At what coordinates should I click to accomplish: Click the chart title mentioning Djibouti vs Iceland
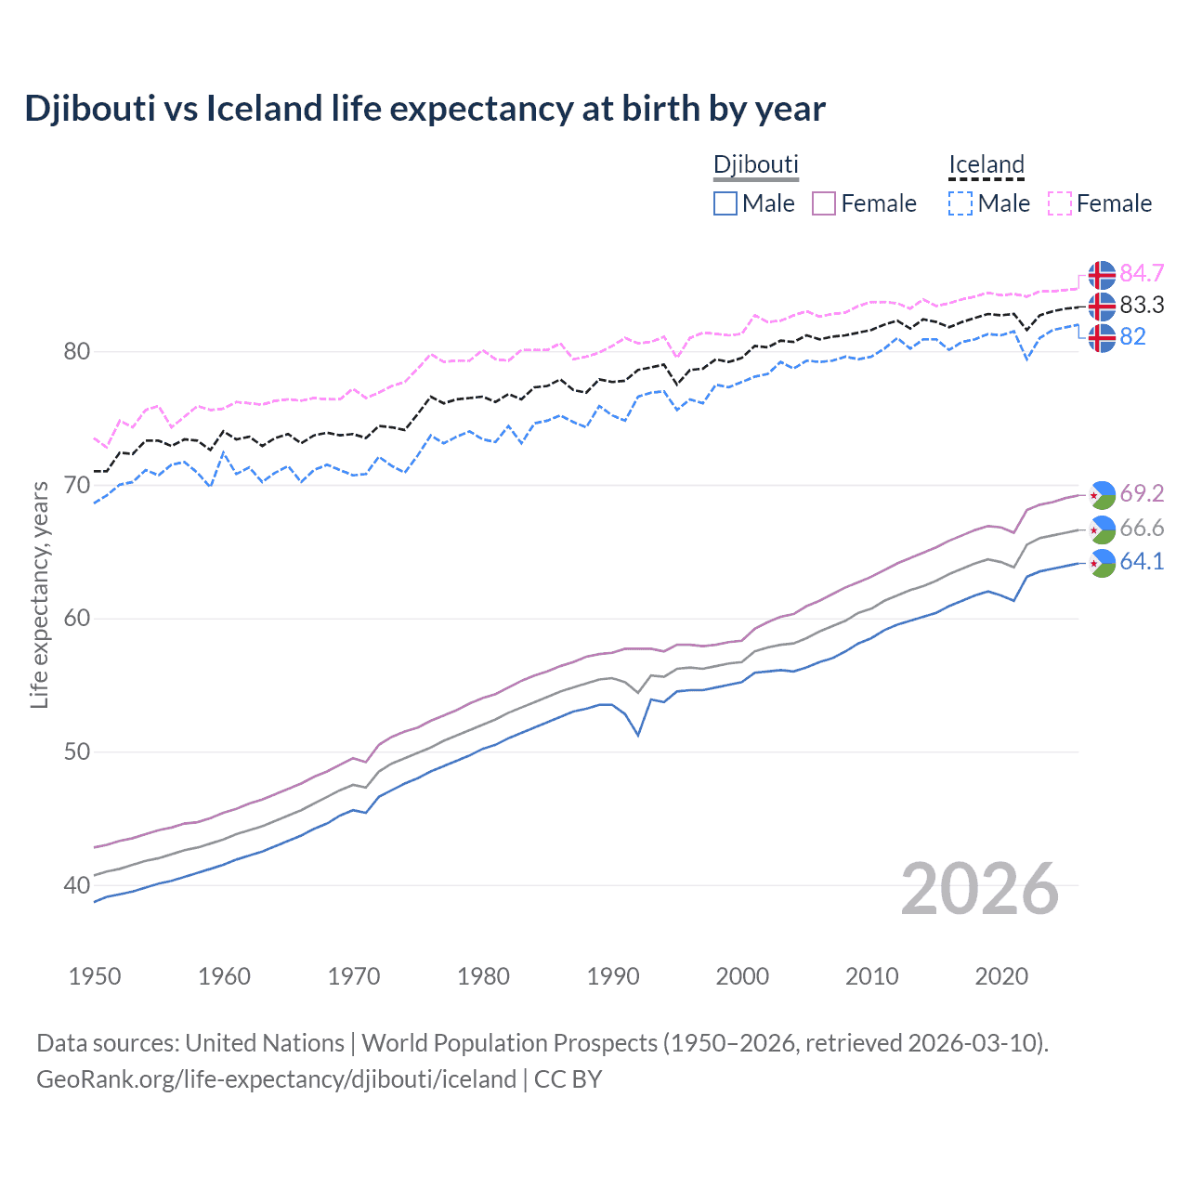coord(425,109)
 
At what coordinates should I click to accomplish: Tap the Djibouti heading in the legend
coord(755,164)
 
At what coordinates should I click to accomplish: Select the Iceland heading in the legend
coord(986,164)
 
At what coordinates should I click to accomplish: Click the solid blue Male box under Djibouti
coord(725,203)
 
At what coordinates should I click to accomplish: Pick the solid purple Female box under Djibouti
coord(824,203)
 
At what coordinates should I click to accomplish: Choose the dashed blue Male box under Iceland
coord(960,203)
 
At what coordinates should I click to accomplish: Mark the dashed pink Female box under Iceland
coord(1060,203)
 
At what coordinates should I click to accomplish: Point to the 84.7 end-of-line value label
coord(1142,273)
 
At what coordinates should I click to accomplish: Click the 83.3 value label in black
coord(1142,305)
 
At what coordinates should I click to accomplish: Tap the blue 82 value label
coord(1132,336)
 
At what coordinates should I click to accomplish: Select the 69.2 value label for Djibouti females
coord(1142,493)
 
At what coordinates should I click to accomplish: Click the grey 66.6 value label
coord(1142,528)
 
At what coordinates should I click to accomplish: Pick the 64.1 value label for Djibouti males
coord(1142,561)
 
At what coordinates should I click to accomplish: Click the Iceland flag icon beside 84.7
coord(1102,275)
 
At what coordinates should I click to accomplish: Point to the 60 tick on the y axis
coord(77,619)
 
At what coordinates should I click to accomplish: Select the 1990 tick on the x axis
coord(613,976)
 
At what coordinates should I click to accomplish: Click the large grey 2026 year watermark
coord(979,889)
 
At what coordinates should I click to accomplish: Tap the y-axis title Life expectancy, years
coord(39,594)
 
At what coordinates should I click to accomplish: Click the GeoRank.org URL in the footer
coord(276,1079)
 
